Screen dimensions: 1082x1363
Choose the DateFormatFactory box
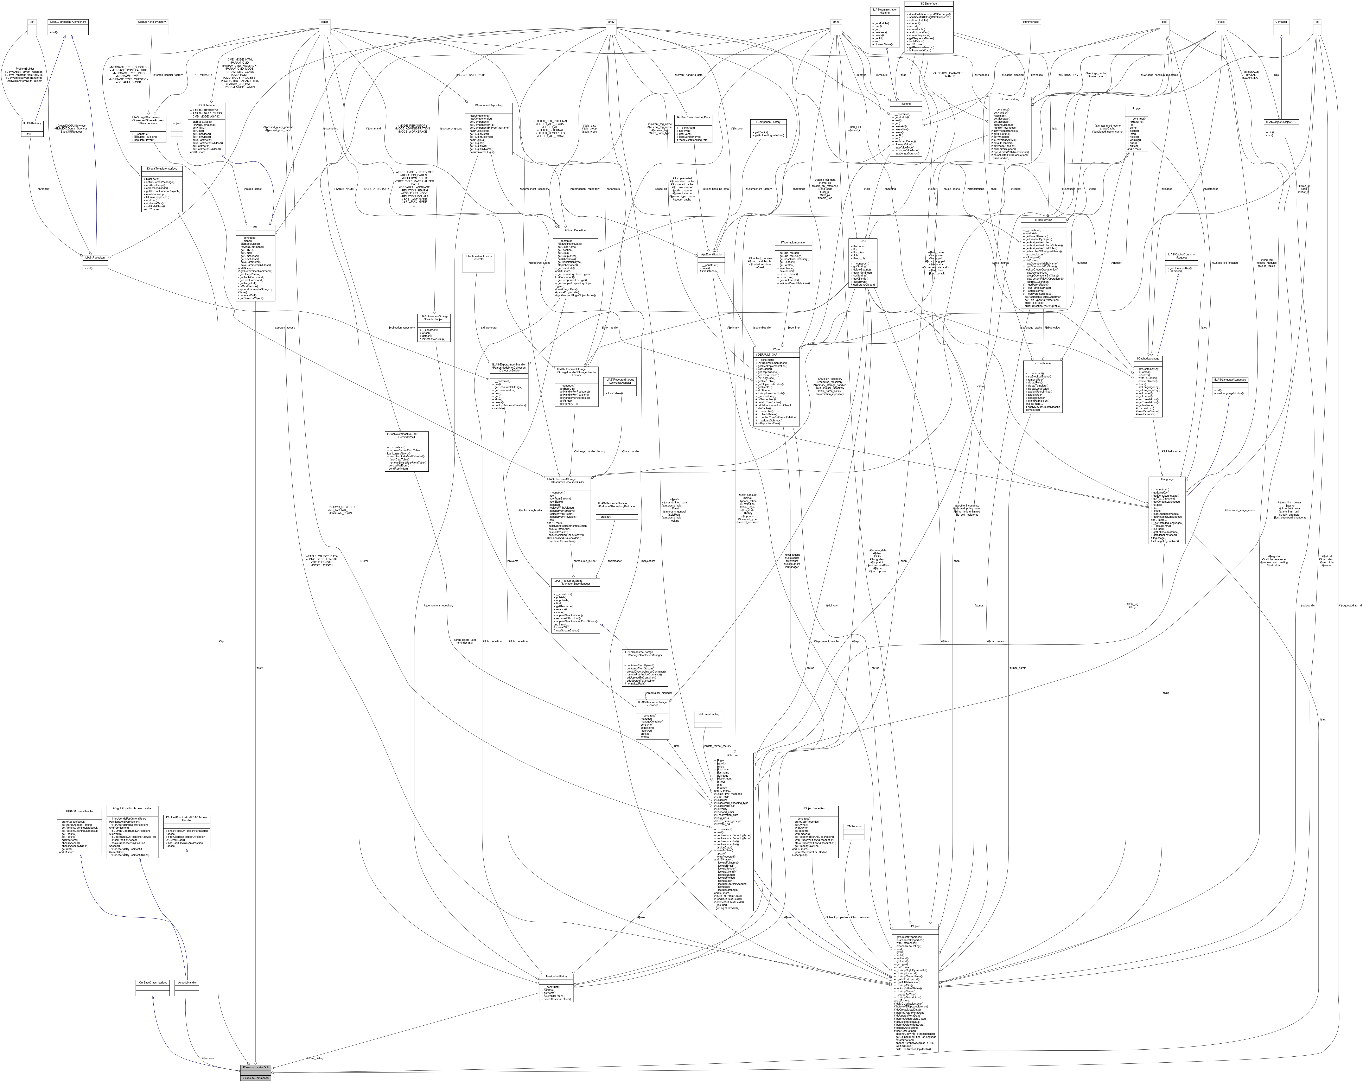click(707, 714)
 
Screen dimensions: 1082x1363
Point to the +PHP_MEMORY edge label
click(202, 75)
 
